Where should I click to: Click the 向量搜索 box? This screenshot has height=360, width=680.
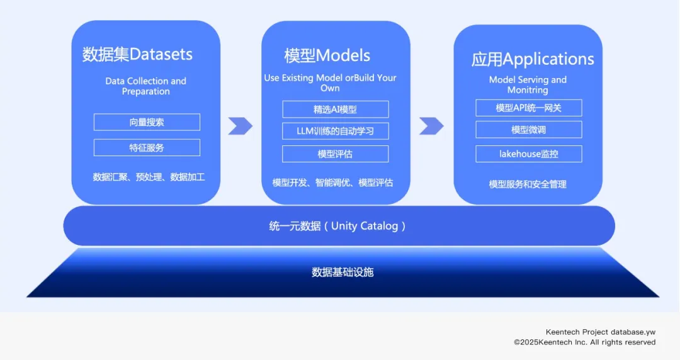(147, 122)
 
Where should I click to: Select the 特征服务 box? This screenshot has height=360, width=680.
(147, 148)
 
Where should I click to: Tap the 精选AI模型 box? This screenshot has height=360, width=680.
(335, 110)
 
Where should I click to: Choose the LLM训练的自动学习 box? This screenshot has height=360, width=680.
(335, 132)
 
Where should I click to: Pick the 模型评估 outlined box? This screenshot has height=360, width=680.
(335, 154)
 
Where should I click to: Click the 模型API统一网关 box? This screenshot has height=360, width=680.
(528, 108)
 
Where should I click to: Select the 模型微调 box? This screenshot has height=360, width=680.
(528, 130)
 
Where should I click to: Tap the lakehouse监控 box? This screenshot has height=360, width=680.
(528, 154)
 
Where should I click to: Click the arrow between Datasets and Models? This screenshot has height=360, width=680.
(240, 126)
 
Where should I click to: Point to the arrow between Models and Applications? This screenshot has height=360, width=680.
(431, 126)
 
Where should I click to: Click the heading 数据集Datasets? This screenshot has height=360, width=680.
(137, 54)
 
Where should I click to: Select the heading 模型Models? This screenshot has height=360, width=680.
(327, 55)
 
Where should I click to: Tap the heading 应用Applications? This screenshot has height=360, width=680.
(533, 59)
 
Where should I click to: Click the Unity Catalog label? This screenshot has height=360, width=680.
(337, 226)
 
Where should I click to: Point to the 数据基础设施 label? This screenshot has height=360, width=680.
(343, 272)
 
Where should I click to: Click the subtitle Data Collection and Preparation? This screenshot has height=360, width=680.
(145, 86)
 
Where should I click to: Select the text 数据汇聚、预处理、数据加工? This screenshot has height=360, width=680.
(149, 177)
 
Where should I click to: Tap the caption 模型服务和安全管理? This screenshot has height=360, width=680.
(528, 184)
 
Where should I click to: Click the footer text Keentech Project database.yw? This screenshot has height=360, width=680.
(600, 332)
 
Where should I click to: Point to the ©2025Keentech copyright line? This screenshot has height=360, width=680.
(584, 342)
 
